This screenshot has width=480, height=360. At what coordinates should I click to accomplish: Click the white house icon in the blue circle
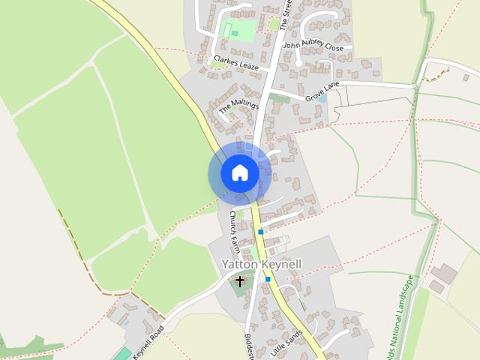239,173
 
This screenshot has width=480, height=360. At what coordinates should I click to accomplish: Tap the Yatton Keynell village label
262,265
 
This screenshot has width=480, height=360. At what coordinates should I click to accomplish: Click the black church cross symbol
240,281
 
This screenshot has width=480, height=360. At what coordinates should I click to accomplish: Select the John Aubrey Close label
313,46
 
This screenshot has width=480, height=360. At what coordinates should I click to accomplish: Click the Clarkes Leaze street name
235,62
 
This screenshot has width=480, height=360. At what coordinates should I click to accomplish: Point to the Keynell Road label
148,340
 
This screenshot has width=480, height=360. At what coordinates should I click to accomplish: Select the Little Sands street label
286,340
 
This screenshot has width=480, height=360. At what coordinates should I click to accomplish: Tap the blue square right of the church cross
268,279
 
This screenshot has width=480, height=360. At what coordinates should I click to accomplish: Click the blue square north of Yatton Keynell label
260,232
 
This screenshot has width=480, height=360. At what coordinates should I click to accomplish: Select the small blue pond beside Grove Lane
322,99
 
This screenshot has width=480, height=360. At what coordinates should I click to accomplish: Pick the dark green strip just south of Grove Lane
279,97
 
